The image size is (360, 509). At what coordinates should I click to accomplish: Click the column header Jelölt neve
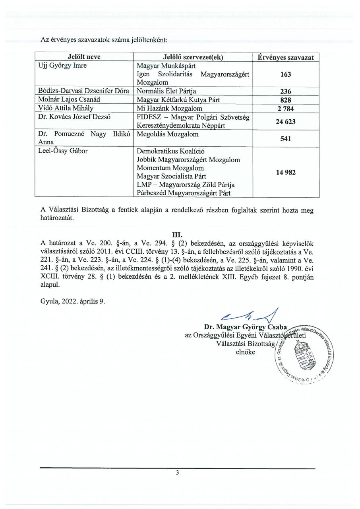point(84,57)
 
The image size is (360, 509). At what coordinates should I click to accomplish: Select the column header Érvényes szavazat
point(286,57)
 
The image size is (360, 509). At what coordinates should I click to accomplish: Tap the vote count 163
point(286,74)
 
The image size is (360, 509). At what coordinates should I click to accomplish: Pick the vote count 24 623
point(286,122)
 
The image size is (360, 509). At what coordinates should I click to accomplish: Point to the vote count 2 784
point(286,109)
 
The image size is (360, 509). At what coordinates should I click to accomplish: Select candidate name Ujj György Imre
point(61,66)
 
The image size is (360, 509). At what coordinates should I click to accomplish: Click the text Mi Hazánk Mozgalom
point(169,109)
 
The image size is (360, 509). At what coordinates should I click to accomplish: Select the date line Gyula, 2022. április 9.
point(73,301)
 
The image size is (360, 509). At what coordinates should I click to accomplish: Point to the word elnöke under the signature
point(246,352)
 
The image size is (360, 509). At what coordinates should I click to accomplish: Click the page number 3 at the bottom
point(178,473)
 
